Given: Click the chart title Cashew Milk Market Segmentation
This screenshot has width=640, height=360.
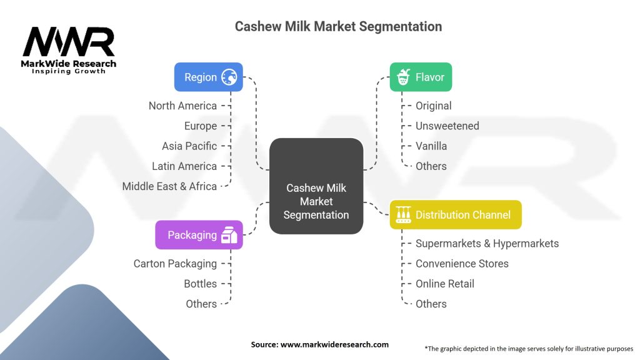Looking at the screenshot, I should coord(338,27).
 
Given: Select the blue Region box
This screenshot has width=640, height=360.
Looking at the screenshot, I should coord(208,77).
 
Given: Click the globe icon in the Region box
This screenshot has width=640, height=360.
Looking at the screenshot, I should coord(229,77).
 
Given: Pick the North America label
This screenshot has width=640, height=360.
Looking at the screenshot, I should coord(182,106).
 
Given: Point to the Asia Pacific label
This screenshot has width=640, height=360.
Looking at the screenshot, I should coord(189,146).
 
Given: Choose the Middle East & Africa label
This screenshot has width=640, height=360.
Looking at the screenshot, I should coord(169,186).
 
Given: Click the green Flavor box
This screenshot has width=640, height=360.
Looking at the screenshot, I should coord(421,77).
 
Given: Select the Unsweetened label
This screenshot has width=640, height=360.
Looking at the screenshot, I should coord(447,126).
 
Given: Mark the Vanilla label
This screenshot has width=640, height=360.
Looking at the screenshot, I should coord(431,146).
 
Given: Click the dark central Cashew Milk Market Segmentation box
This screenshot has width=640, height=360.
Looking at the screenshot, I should coord(316,186).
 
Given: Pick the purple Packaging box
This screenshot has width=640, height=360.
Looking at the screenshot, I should coord(199,235).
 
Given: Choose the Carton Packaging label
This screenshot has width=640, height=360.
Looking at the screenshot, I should coord(175,264).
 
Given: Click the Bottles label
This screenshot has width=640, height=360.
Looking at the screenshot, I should coord(200,284).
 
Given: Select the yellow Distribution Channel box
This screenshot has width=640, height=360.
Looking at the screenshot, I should coord(455,215).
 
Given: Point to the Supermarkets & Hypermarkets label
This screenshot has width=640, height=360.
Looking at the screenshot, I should coord(487,243).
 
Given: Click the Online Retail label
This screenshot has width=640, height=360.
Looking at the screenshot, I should coord(444,284).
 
